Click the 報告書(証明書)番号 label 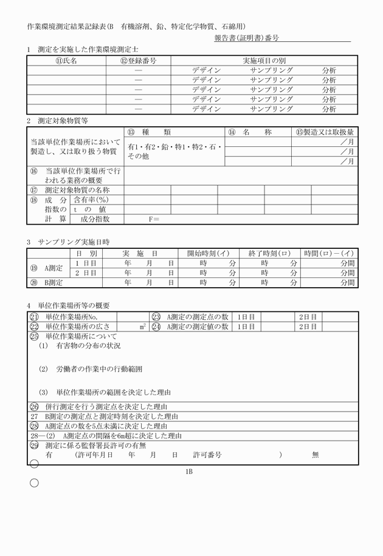[246, 38]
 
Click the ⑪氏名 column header [66, 61]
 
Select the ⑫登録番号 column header [138, 61]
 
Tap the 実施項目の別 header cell [264, 61]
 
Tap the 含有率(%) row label [91, 200]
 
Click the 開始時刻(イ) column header [208, 253]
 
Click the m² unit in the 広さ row [142, 327]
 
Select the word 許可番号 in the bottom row [207, 454]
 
